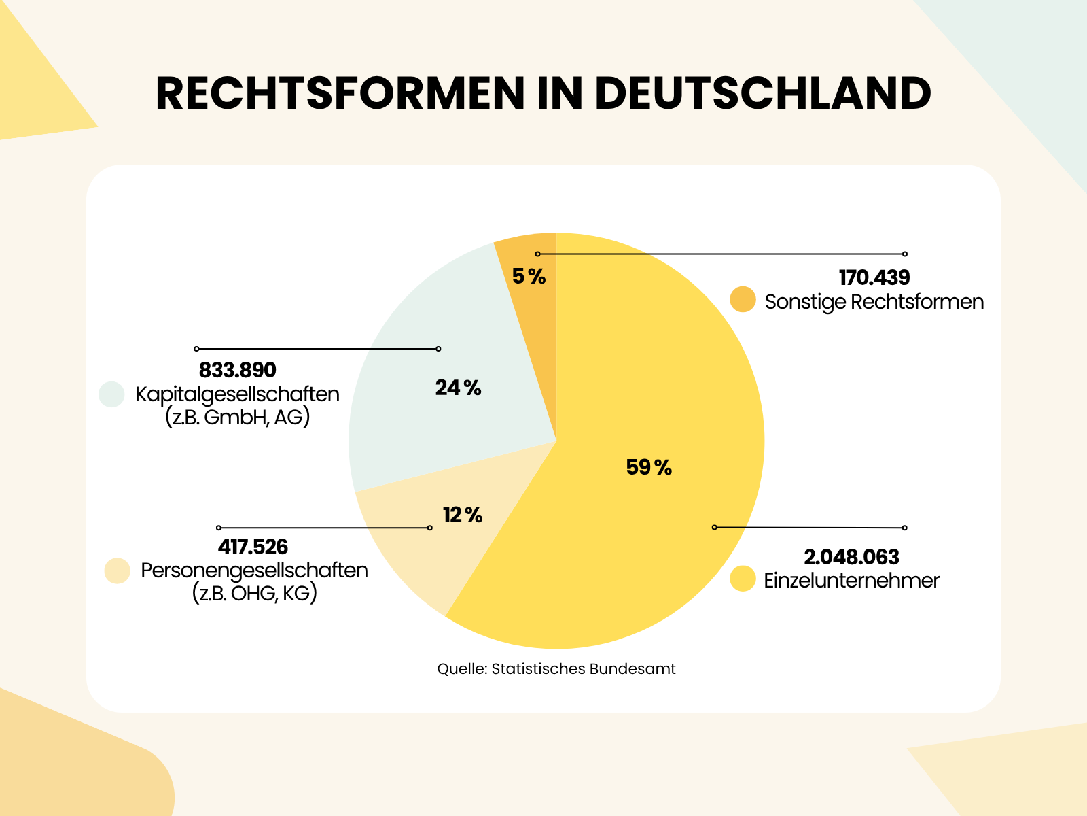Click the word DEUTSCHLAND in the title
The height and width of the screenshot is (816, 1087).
click(x=762, y=93)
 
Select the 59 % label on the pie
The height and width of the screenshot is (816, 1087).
click(x=648, y=467)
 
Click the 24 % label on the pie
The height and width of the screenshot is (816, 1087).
click(x=458, y=388)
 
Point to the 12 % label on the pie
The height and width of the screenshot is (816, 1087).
click(x=462, y=515)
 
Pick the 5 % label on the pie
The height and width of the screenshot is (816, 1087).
click(x=529, y=276)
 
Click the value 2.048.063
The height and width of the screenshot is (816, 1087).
click(x=851, y=557)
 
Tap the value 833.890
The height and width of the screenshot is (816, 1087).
click(x=237, y=370)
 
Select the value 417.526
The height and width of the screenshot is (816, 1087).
click(x=253, y=547)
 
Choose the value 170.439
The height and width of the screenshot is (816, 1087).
click(x=874, y=277)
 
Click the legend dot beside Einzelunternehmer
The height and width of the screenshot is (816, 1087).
click(x=743, y=579)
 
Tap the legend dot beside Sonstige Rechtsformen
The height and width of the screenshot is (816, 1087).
click(x=743, y=300)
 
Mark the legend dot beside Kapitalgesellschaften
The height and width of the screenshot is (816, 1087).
click(x=111, y=394)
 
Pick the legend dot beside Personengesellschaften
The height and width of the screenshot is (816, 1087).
click(x=117, y=571)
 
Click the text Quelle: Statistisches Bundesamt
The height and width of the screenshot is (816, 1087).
click(x=556, y=668)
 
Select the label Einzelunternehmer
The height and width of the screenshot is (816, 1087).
click(x=851, y=580)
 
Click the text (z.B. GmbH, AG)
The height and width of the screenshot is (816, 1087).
click(x=237, y=417)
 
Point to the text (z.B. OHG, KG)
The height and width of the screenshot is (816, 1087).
click(x=254, y=593)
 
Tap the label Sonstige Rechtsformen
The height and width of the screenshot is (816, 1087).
click(x=874, y=301)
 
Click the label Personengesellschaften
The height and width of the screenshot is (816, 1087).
click(x=254, y=570)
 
